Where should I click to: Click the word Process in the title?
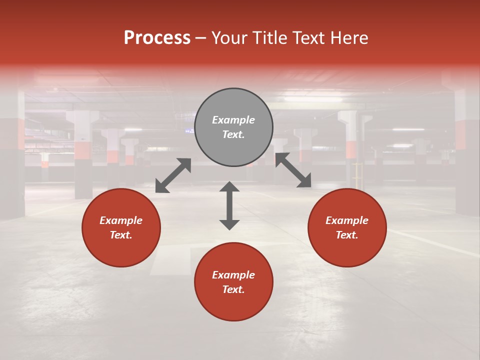[157, 38]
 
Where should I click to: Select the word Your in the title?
[230, 38]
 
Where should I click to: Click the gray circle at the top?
[233, 127]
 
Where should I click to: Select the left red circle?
[121, 228]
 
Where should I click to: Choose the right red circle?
[347, 228]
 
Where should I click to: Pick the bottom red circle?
[233, 282]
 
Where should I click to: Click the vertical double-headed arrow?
[229, 205]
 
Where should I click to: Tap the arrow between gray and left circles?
[173, 175]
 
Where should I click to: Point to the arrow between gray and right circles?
[293, 170]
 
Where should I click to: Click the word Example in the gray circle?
[233, 120]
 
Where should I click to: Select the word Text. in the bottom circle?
[233, 289]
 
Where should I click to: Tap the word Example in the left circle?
[121, 220]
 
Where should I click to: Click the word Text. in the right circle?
[347, 235]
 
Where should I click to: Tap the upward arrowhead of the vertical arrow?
[229, 187]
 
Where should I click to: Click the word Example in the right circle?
[347, 220]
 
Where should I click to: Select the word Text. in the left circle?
[121, 235]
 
